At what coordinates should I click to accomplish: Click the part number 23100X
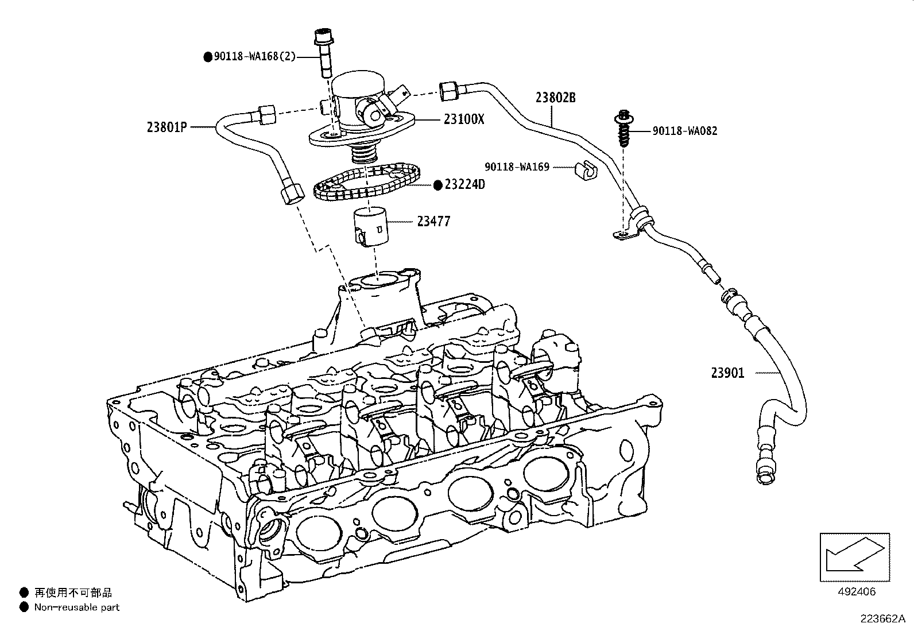point(464,119)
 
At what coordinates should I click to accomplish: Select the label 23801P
point(167,127)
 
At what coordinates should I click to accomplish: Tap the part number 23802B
point(555,98)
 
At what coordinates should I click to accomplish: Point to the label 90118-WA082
point(685,131)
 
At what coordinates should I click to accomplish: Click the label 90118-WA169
point(517,167)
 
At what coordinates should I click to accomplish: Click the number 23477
point(433,221)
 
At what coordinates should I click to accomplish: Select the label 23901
point(727,373)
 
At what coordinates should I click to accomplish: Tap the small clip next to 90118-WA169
point(586,171)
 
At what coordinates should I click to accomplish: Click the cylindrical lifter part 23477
point(371,229)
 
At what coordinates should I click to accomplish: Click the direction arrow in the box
point(854,556)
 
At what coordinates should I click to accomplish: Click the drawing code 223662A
point(882,619)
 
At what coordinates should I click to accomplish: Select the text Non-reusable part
point(77,607)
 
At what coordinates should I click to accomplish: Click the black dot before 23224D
point(438,184)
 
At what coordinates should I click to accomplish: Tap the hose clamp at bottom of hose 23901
point(764,474)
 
